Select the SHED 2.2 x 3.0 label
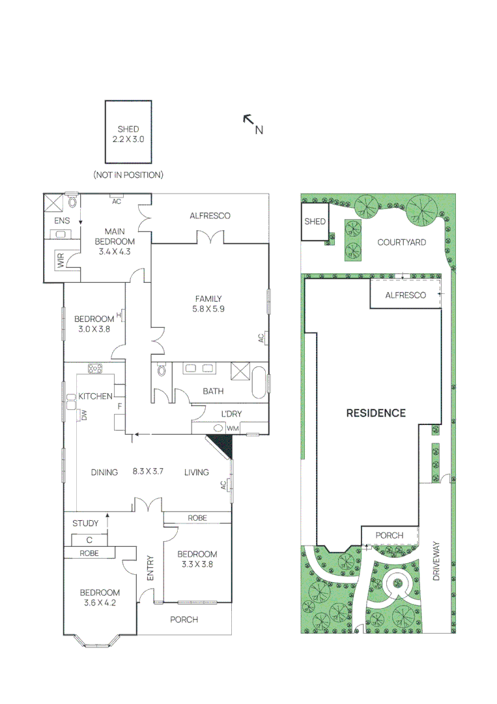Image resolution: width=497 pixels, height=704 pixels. [x=128, y=134]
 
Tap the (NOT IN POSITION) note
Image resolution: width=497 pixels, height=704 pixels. [x=128, y=175]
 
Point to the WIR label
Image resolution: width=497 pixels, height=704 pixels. [x=61, y=262]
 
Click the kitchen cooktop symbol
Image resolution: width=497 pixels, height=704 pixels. [x=96, y=368]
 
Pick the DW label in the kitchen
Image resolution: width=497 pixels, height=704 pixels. [x=85, y=415]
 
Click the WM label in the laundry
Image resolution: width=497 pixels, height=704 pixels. [x=233, y=428]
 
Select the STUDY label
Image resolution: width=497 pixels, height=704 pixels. [x=85, y=523]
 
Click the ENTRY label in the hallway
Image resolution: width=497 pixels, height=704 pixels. [x=150, y=568]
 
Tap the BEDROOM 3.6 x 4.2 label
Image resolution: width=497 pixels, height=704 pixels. [x=100, y=597]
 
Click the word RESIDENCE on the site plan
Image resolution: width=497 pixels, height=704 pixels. [x=376, y=413]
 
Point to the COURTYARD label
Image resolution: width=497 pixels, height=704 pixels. [x=402, y=242]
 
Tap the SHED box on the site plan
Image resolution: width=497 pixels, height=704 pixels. [x=315, y=222]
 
